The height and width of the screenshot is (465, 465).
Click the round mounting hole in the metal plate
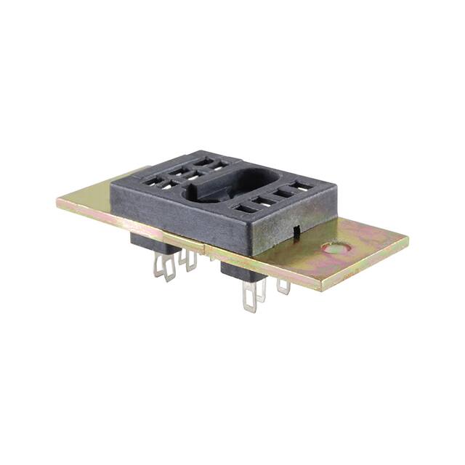[x=336, y=248]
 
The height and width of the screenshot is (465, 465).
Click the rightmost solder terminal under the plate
[x=283, y=286]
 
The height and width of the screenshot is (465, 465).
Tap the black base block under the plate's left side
[x=153, y=244]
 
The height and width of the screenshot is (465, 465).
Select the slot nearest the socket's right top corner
[x=302, y=187]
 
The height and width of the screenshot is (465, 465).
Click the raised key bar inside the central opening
[x=218, y=190]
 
